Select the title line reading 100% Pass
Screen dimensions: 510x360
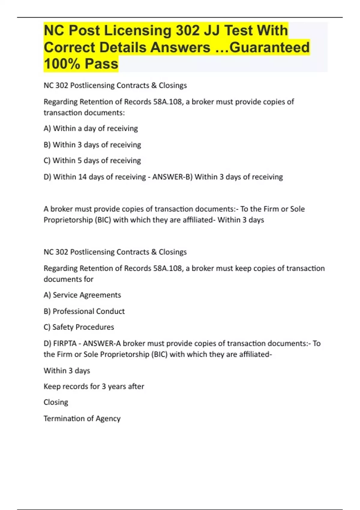81,64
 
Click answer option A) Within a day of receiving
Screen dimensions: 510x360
91,128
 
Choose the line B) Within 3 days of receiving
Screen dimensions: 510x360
92,145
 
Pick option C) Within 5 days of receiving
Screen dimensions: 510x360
92,160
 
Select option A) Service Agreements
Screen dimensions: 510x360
82,295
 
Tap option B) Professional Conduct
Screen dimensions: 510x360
84,311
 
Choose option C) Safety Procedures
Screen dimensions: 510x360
79,327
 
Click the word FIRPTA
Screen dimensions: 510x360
65,343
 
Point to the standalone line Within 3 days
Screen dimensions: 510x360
67,370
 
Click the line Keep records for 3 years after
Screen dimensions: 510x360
94,386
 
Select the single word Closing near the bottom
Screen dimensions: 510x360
56,402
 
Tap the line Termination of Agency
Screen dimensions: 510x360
82,418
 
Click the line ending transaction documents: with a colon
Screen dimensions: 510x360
84,112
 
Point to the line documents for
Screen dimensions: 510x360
68,279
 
